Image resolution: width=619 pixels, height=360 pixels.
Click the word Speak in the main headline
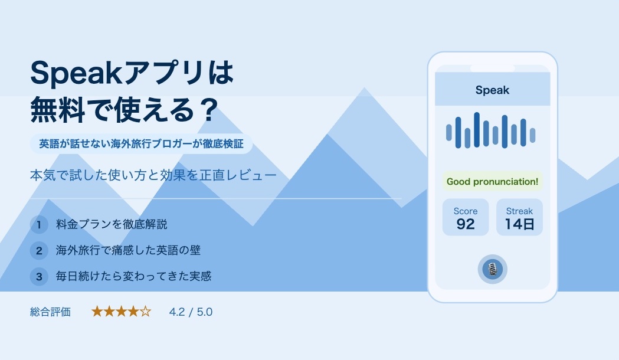click(77, 73)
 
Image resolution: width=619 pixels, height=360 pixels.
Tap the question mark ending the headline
click(208, 110)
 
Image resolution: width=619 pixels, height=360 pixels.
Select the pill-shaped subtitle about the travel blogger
click(142, 143)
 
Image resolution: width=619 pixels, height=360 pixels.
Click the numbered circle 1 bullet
click(39, 225)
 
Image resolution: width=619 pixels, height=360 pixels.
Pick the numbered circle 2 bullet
click(39, 251)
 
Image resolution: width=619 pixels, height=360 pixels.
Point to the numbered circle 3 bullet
click(39, 277)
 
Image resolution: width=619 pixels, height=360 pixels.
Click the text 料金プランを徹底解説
click(112, 224)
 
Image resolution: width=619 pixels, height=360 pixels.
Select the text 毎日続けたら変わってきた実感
click(133, 276)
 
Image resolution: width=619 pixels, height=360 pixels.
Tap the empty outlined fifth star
click(146, 312)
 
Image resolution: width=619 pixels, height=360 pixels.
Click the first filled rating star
click(97, 312)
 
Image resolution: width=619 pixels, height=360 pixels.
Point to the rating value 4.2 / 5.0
click(191, 312)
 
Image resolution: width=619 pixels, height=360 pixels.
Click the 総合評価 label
click(50, 312)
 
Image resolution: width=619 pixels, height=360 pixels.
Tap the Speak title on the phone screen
click(492, 90)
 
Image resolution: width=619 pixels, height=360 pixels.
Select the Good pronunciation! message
click(492, 182)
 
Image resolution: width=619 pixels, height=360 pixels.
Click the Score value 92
click(466, 224)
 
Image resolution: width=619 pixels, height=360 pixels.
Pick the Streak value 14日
click(519, 224)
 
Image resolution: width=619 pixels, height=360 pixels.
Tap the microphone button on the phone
click(492, 269)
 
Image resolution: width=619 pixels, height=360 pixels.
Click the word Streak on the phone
click(519, 211)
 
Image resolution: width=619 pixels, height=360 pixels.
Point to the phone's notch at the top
click(492, 68)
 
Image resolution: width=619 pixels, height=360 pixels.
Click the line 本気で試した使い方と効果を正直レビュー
click(153, 175)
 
